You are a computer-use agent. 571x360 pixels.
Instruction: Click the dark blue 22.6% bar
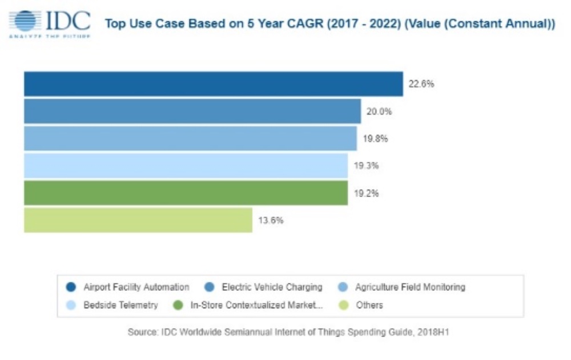point(213,84)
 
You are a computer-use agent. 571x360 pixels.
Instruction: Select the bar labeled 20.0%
point(192,111)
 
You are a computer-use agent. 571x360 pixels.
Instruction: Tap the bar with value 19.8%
point(190,138)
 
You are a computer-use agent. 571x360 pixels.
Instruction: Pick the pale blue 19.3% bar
point(186,166)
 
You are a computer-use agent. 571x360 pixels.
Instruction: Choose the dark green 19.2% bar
point(186,193)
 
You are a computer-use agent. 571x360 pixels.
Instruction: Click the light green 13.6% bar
point(138,220)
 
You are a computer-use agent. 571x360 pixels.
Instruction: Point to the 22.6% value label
point(421,84)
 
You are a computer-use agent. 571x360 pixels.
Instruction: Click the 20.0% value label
point(379,111)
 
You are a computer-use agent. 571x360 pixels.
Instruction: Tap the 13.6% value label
point(271,220)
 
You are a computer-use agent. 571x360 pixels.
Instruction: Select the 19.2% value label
point(366,193)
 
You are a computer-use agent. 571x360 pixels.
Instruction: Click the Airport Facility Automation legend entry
point(136,287)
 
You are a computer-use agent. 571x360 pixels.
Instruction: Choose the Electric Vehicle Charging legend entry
point(272,287)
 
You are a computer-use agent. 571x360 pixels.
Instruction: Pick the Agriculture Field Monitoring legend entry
point(410,287)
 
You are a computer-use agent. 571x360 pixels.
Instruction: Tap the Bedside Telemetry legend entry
point(120,305)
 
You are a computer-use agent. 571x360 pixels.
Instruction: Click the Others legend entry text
point(369,305)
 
